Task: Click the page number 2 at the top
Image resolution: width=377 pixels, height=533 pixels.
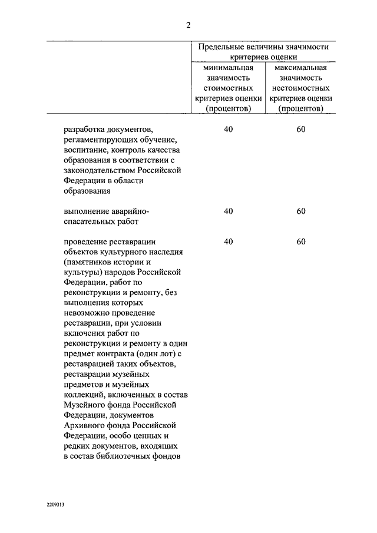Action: (188, 25)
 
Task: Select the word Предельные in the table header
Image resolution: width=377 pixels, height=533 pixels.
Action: (221, 47)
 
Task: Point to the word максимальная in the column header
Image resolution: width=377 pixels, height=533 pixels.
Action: (300, 68)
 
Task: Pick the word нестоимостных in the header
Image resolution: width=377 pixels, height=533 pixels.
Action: (300, 88)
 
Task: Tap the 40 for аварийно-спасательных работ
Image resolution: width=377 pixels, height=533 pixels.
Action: (229, 211)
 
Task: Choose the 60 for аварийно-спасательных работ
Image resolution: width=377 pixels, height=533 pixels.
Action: (301, 211)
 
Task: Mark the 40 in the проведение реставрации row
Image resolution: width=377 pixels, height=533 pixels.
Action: (229, 241)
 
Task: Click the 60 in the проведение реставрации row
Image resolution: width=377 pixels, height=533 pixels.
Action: (301, 241)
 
